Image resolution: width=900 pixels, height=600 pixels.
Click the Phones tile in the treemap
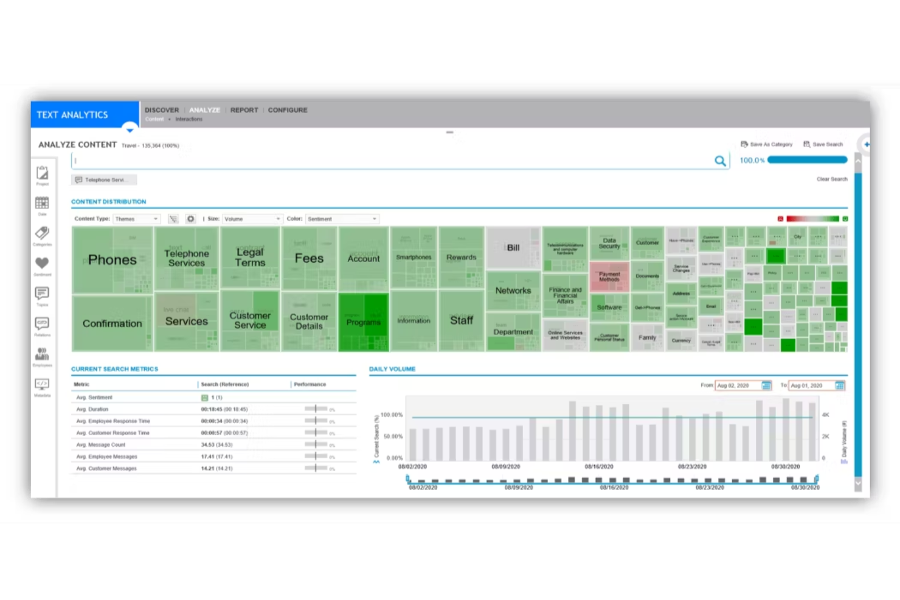112,260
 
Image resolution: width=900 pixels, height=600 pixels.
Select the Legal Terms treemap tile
250,257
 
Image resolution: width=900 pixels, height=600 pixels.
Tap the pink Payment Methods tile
609,277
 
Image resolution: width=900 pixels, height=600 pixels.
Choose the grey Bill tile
513,248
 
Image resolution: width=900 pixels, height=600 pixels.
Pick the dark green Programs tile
363,322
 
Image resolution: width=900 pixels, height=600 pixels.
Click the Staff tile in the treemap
461,320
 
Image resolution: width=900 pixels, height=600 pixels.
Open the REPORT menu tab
244,110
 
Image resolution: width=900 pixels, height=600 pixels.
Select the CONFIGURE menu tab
288,110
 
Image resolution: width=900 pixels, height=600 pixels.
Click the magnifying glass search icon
720,161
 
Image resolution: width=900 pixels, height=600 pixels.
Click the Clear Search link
831,179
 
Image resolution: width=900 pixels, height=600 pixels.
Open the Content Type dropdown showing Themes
137,219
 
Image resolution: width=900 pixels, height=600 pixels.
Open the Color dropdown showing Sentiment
342,219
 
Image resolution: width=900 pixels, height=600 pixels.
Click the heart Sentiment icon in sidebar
42,264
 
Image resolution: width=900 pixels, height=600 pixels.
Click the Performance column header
310,384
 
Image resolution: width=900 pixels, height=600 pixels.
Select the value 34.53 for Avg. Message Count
216,445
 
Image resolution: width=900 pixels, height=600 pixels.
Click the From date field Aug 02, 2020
738,385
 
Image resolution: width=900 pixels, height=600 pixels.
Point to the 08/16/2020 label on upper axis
599,467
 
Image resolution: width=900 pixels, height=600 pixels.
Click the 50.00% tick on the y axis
393,436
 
